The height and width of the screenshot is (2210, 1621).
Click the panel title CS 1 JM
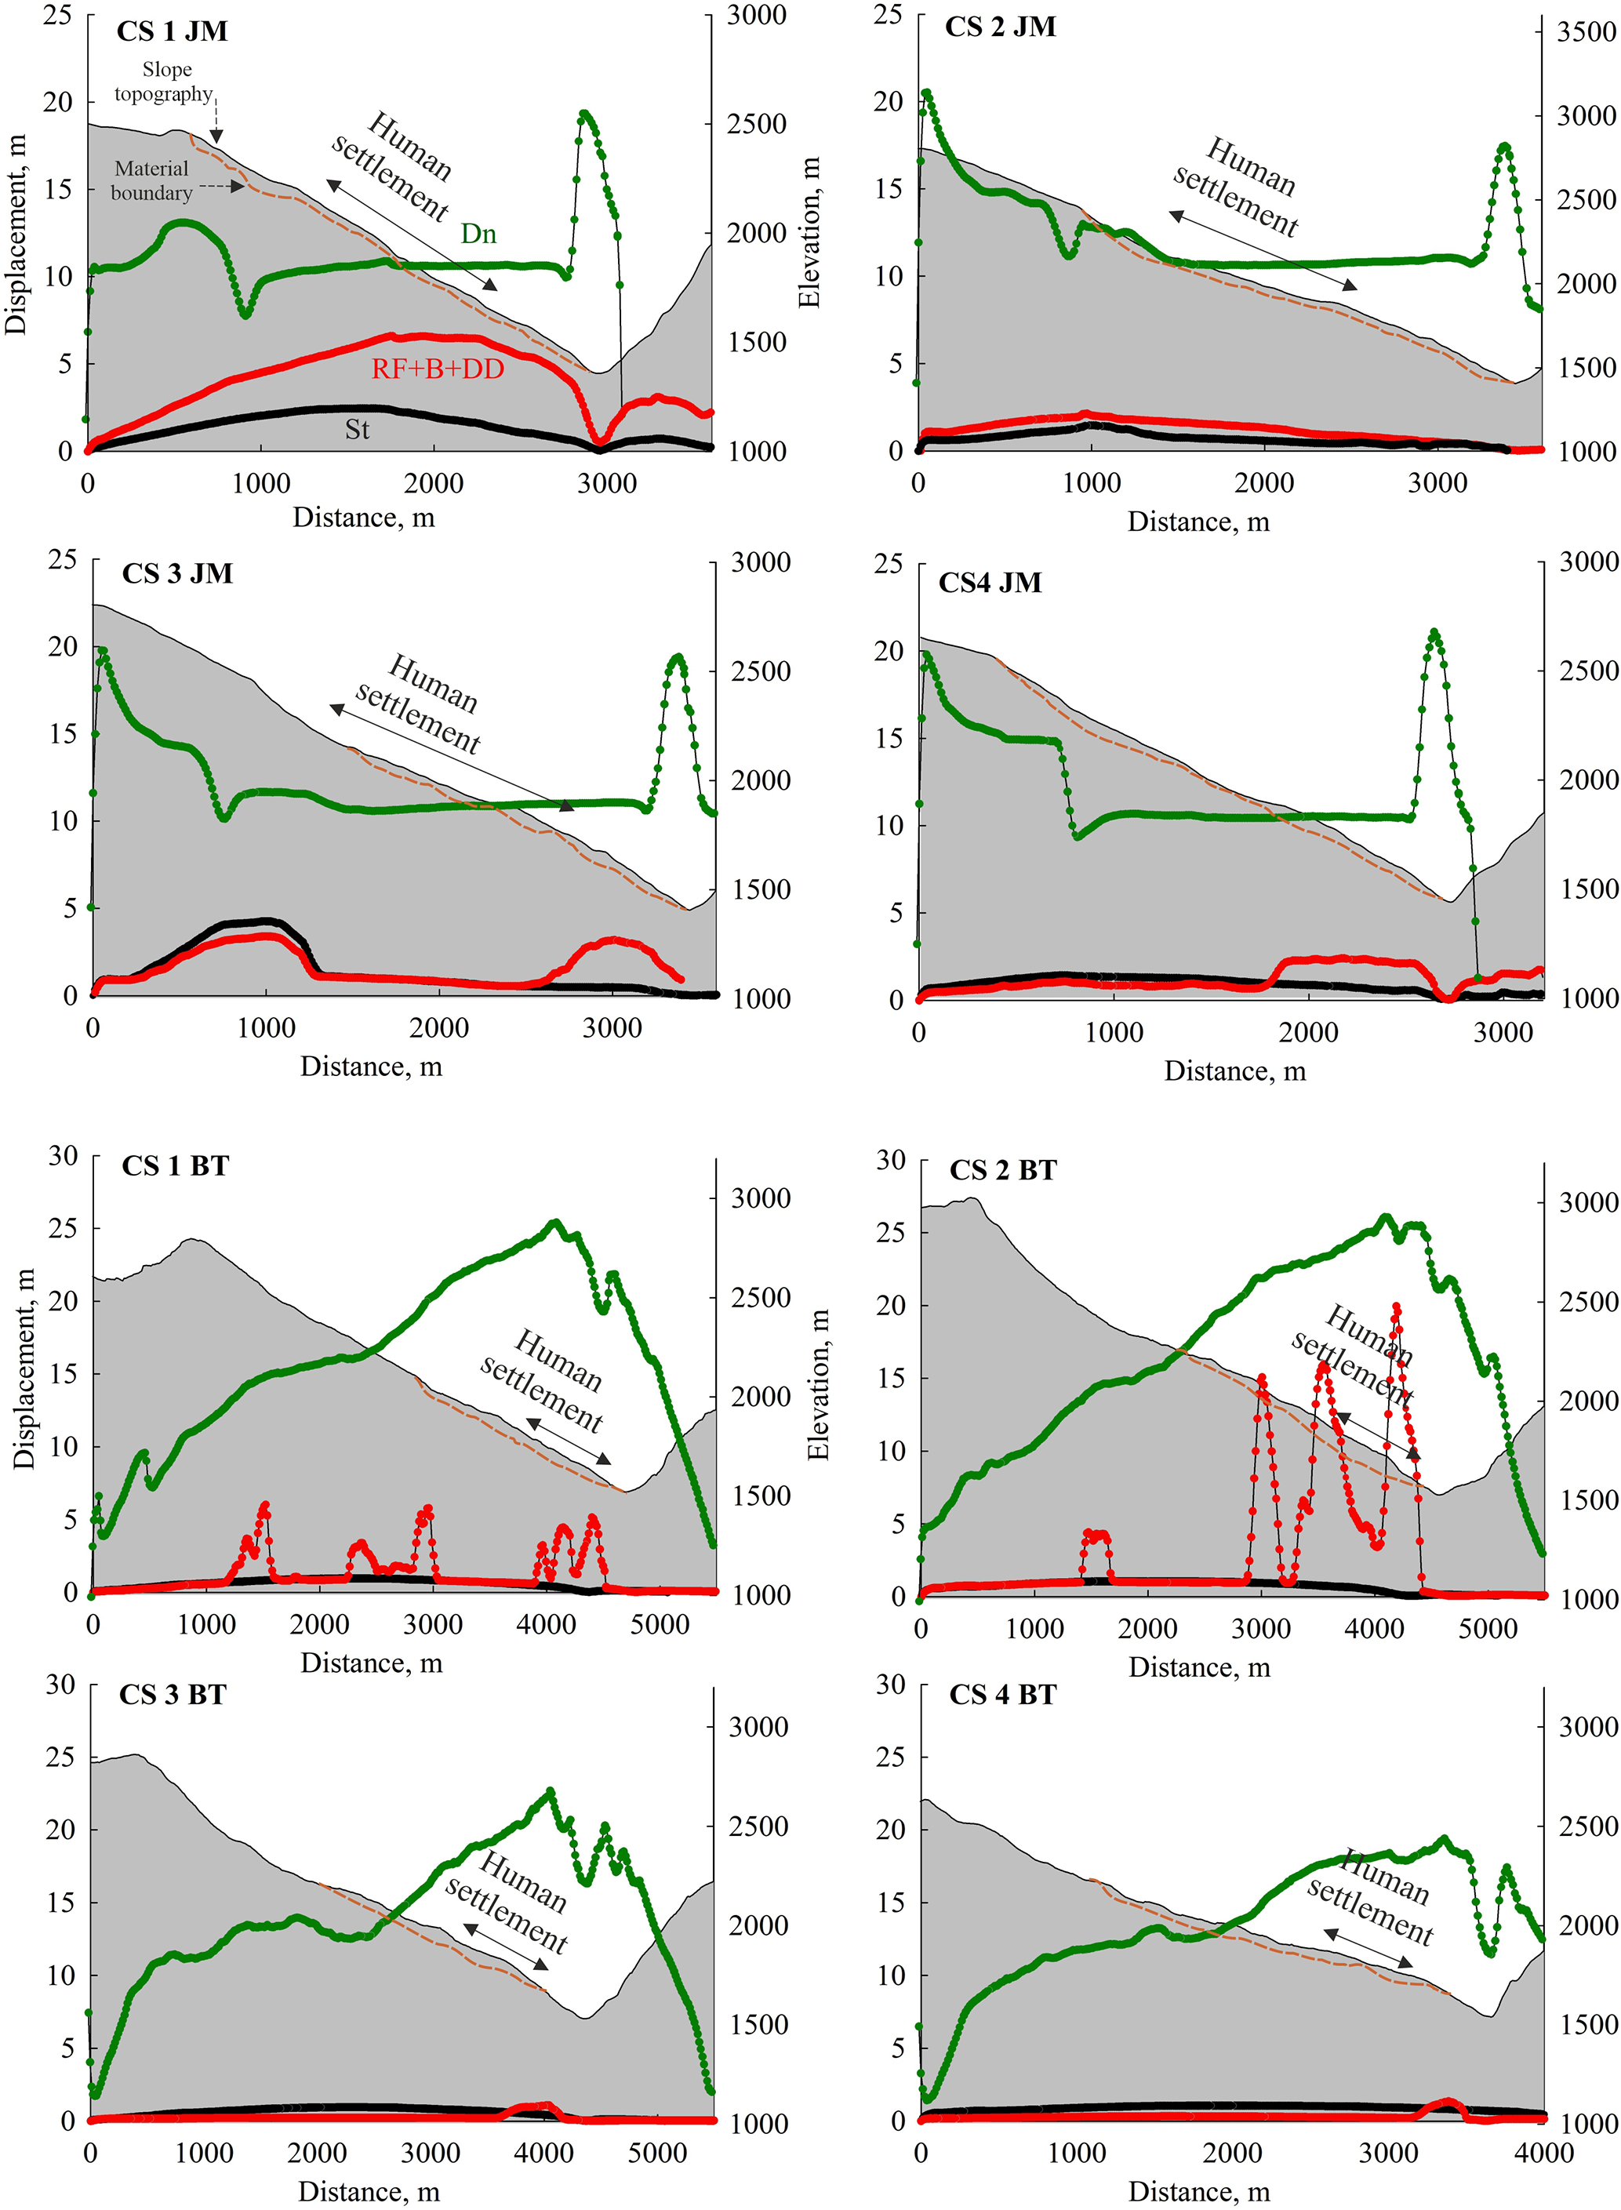coord(172,31)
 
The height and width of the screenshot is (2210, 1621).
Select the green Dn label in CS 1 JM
coord(479,234)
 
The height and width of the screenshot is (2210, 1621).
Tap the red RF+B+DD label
coord(437,369)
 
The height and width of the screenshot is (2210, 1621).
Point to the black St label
coord(356,429)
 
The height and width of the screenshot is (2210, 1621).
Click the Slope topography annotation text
coord(164,82)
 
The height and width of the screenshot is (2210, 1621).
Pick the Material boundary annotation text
coord(151,180)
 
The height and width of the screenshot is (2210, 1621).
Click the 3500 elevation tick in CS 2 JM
coord(1586,32)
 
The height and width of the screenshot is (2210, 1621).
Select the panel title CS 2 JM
coord(1000,27)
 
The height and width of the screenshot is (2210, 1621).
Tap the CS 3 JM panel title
coord(176,573)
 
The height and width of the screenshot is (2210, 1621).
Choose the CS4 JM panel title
coord(989,583)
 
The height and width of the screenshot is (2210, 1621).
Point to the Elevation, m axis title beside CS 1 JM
coord(809,234)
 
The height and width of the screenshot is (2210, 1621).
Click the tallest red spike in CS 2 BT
coord(1395,1307)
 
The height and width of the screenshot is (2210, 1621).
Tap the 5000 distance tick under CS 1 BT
coord(660,1624)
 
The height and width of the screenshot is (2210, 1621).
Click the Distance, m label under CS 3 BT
coord(369,2191)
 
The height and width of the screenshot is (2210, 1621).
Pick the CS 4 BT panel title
coord(1001,1695)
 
